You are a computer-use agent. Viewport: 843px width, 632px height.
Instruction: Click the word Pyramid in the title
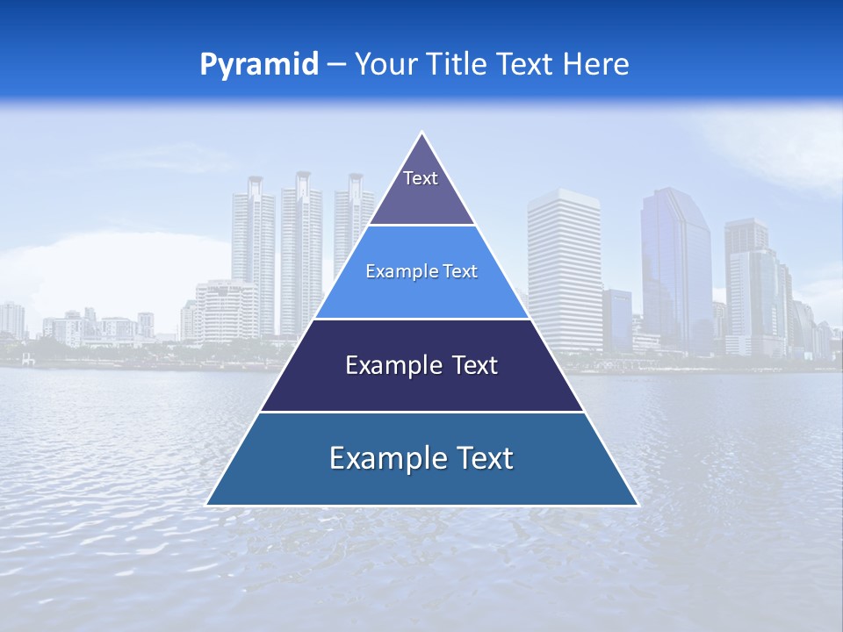(259, 65)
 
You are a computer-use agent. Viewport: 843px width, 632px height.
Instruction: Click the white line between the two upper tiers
(421, 226)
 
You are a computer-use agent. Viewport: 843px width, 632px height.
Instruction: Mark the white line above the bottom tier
(421, 412)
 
